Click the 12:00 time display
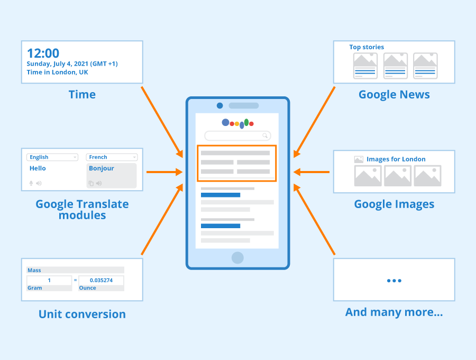coord(43,53)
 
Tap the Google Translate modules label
coord(82,209)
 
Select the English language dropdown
coord(52,157)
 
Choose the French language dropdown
coord(112,157)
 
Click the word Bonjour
coord(102,168)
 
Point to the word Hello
coord(38,168)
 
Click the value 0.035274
coord(101,280)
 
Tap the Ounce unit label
coord(87,287)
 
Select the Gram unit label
coord(34,287)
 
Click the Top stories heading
coord(367,47)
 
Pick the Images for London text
coord(396,159)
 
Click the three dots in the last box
coord(394,281)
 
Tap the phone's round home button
coord(237,258)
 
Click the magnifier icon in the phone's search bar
coord(265,136)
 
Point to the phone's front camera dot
coord(220,105)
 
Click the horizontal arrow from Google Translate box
coord(164,172)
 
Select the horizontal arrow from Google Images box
coord(311,172)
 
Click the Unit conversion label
coord(82,314)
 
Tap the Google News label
coord(394,95)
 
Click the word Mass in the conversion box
coord(34,270)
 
